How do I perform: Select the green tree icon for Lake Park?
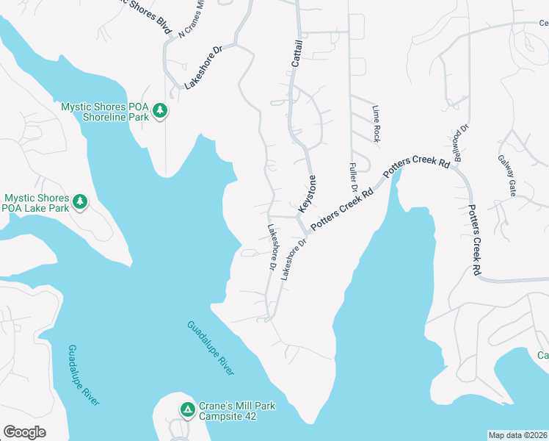click(80, 201)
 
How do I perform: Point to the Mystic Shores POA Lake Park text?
click(37, 203)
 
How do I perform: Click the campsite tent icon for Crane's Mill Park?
click(188, 409)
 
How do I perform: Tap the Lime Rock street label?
click(376, 123)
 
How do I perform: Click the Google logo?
click(24, 432)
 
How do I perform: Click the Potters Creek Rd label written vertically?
click(476, 240)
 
